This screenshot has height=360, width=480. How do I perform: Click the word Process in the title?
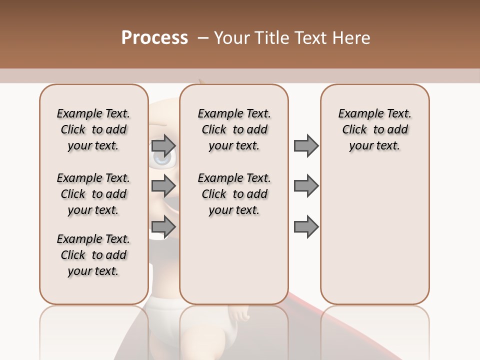tap(154, 37)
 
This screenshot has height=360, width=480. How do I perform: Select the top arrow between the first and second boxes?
tap(163, 146)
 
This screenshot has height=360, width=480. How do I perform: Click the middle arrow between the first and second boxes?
tap(163, 186)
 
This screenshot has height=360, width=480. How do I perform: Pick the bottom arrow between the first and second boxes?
tap(163, 226)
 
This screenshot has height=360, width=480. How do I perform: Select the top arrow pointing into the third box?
tap(306, 146)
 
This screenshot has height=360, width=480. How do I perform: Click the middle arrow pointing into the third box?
tap(306, 186)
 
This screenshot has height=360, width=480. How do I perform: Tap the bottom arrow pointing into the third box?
tap(306, 226)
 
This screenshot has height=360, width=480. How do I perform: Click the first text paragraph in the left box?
tap(93, 129)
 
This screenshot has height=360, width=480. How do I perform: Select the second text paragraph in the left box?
tap(93, 194)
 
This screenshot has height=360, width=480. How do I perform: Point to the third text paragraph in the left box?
tap(93, 255)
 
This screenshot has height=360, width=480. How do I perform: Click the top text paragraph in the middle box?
tap(234, 129)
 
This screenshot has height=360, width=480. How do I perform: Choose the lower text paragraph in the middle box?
tap(234, 194)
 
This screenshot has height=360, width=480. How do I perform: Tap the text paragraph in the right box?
tap(374, 129)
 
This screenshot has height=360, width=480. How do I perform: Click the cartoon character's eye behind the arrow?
tap(163, 158)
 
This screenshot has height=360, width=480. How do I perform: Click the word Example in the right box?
tap(356, 114)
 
